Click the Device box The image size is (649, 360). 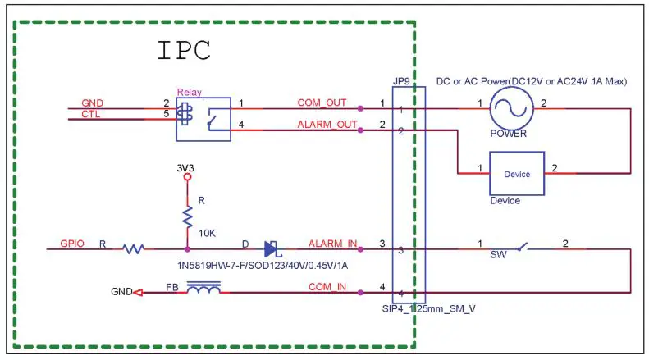click(x=516, y=174)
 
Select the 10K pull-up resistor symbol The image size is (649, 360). click(x=187, y=216)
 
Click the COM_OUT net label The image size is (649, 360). click(x=322, y=103)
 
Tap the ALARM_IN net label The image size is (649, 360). click(x=332, y=244)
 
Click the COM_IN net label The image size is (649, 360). click(x=326, y=286)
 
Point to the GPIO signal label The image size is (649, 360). click(x=73, y=244)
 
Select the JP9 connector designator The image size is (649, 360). click(x=401, y=81)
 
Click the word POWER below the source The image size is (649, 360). click(x=510, y=133)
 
